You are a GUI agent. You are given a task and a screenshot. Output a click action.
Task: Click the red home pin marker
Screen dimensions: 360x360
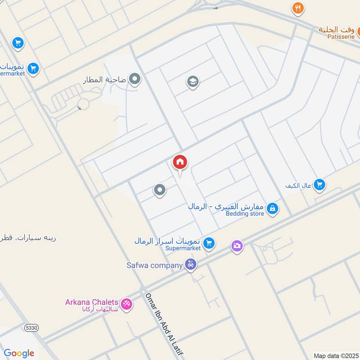[180, 162]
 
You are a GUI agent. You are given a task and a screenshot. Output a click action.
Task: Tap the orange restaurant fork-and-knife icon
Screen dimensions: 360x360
[297, 8]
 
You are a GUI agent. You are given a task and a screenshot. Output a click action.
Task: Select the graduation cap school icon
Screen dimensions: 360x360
[193, 82]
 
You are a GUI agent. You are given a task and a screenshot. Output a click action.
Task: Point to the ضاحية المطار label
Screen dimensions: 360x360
[104, 80]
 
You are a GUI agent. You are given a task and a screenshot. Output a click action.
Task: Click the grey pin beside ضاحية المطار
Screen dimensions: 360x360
[135, 80]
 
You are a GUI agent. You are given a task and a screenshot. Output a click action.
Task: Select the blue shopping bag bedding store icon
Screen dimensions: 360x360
[272, 209]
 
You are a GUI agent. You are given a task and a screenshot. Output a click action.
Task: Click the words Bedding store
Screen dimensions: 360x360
[245, 214]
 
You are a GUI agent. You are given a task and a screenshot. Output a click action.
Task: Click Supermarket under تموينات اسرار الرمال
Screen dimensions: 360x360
[182, 248]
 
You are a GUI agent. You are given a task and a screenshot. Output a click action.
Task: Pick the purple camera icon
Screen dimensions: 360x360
[237, 246]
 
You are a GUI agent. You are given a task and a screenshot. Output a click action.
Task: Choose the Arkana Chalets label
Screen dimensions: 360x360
[92, 302]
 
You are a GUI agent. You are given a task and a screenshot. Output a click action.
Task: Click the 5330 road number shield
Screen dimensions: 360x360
[31, 328]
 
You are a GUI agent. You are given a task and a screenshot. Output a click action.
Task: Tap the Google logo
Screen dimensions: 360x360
[19, 353]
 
